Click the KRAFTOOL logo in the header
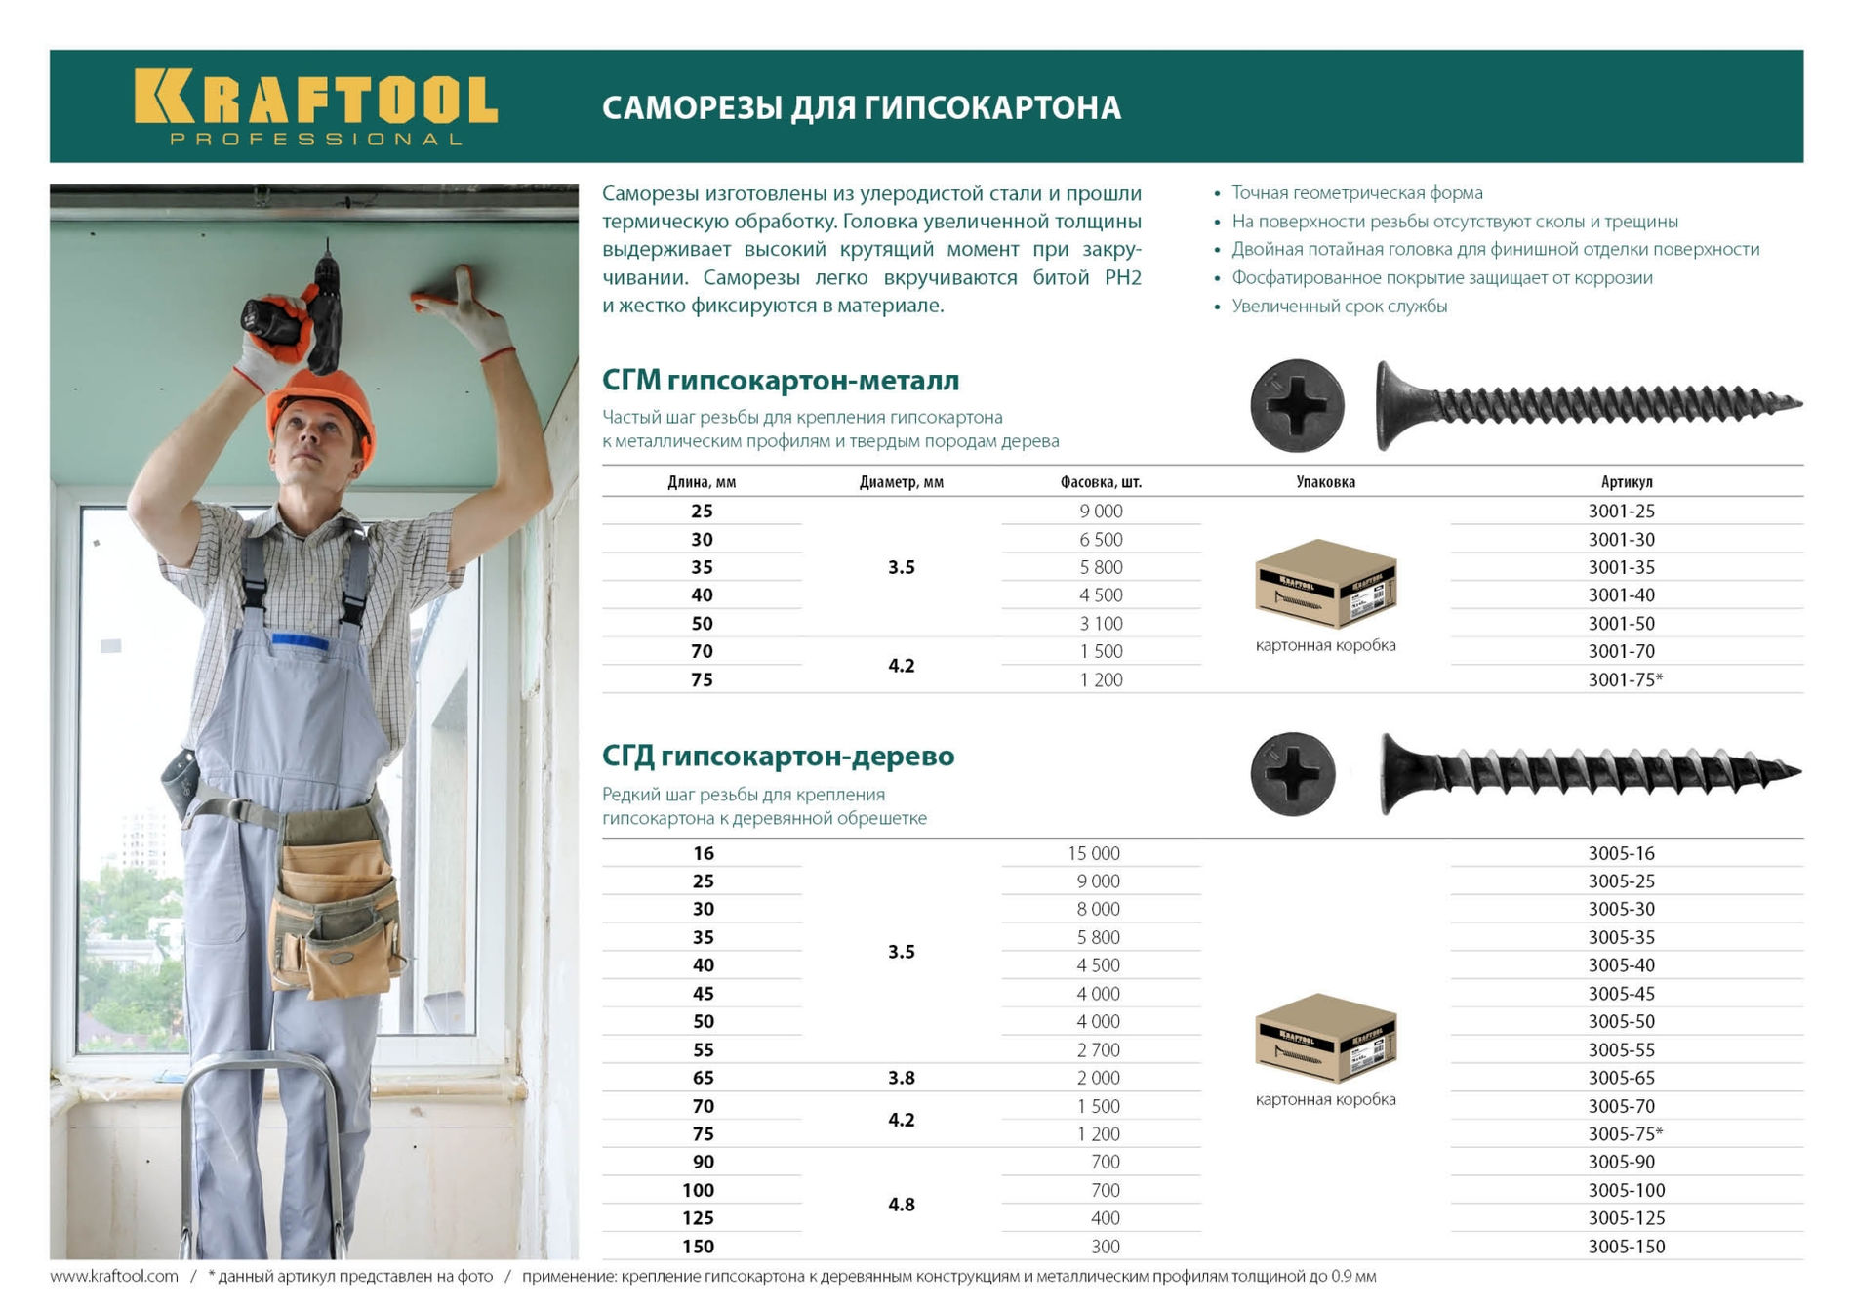pos(315,106)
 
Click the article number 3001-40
pos(1621,594)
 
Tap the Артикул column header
pos(1626,482)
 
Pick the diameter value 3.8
pos(901,1078)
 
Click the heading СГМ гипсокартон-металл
pos(780,380)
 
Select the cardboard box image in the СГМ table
pos(1325,584)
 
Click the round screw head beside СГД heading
pos(1293,774)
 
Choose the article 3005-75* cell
pos(1625,1134)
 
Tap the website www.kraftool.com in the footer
pos(114,1277)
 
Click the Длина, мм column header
pos(701,482)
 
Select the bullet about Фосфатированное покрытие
pos(1441,278)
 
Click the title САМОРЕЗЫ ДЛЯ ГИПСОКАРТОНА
pos(861,107)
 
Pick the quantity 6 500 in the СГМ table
pos(1101,540)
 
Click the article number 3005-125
pos(1626,1218)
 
